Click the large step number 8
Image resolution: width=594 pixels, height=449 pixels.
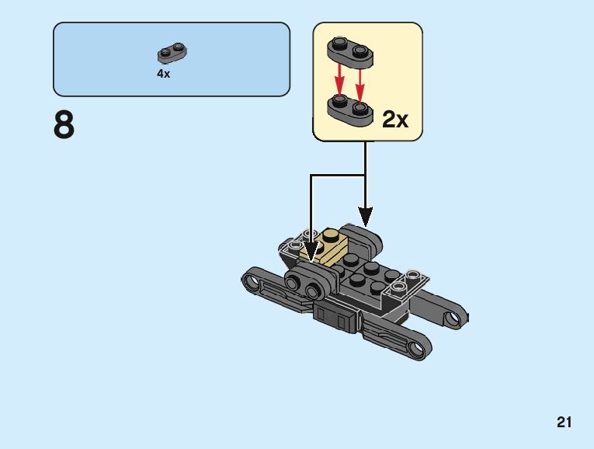coord(64,125)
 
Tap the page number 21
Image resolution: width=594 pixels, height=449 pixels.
coord(564,423)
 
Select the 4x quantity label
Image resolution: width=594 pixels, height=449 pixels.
coord(163,75)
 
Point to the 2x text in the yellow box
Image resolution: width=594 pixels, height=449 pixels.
coord(395,119)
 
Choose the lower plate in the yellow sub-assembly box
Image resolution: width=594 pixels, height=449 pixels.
coord(349,107)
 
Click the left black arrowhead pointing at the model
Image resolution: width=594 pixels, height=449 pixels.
coord(311,251)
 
